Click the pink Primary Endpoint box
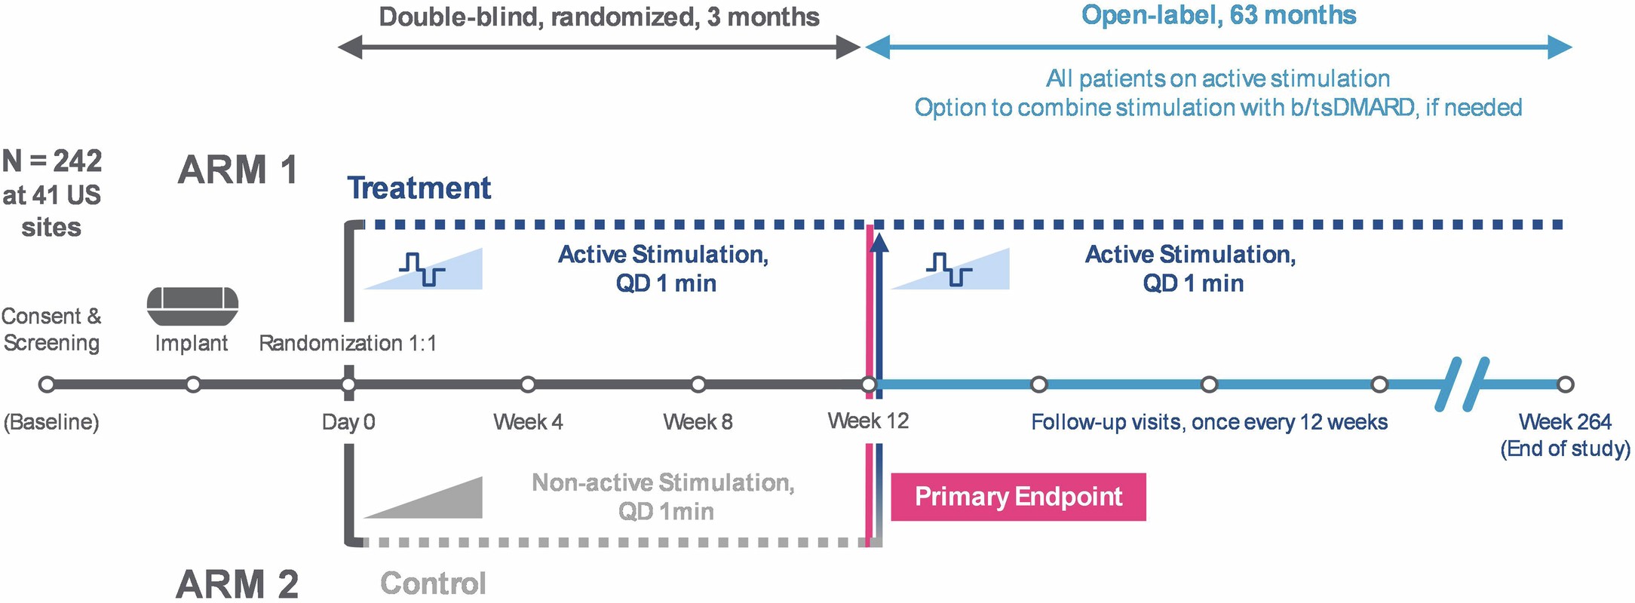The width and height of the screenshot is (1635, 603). (1018, 497)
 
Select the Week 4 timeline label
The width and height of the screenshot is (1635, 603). (528, 422)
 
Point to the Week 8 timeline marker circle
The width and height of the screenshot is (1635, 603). (698, 385)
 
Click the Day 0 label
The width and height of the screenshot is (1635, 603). (348, 422)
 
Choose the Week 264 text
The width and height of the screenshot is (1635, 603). (1565, 422)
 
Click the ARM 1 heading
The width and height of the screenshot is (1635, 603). (238, 170)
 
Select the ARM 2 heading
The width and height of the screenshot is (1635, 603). (238, 584)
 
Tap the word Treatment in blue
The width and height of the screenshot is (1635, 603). (419, 188)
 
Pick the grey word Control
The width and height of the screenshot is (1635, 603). (434, 584)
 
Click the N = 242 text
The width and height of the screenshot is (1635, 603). (52, 161)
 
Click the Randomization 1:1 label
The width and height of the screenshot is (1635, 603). (348, 344)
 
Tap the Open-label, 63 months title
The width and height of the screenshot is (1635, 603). (1219, 16)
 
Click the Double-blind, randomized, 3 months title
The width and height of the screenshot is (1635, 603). (599, 17)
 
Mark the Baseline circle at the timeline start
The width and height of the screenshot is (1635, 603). (47, 385)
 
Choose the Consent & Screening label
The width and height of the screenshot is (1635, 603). (51, 329)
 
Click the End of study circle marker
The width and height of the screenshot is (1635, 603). (1566, 385)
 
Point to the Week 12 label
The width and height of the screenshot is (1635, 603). (868, 421)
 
